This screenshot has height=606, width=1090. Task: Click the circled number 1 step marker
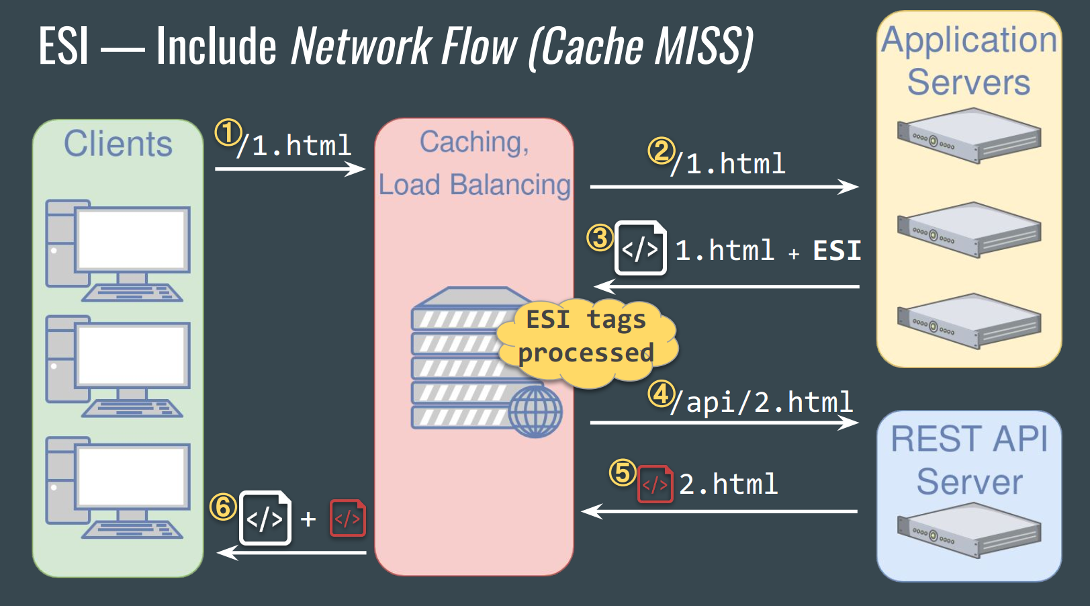click(x=228, y=133)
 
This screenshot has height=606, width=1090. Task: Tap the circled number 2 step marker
click(x=661, y=151)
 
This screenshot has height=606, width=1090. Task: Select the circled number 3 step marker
click(x=600, y=237)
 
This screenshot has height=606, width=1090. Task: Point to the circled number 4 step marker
click(x=661, y=394)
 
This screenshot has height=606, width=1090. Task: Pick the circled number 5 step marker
click(x=623, y=472)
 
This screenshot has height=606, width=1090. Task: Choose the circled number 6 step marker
click(x=223, y=507)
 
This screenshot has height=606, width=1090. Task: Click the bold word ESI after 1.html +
click(x=836, y=251)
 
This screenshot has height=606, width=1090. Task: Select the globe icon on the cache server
click(x=535, y=411)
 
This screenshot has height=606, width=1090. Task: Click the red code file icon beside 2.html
click(x=655, y=484)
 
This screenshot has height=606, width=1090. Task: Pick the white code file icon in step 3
click(x=641, y=249)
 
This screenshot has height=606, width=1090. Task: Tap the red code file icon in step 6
click(x=348, y=518)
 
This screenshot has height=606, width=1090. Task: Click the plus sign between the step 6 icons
click(x=308, y=519)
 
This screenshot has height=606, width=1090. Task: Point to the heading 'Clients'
click(x=118, y=144)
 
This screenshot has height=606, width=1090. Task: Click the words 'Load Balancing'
click(x=474, y=185)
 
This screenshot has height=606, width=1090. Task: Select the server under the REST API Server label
click(x=968, y=530)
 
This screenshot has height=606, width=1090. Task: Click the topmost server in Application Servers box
click(x=968, y=136)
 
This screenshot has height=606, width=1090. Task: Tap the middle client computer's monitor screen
click(x=132, y=355)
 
